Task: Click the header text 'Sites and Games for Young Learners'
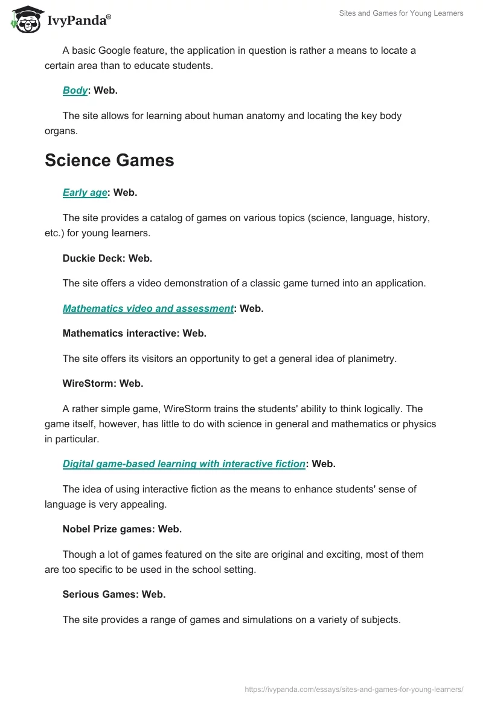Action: tap(400, 13)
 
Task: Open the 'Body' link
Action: tap(75, 90)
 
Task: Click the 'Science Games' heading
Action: tap(109, 160)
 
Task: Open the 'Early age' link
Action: tap(85, 192)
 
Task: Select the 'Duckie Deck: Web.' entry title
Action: tap(107, 258)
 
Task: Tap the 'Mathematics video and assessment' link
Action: tap(148, 308)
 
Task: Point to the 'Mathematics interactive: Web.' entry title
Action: tap(134, 333)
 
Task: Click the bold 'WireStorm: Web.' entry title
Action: tap(103, 383)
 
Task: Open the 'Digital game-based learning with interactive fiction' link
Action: tap(184, 464)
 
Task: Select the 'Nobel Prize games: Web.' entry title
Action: tap(122, 529)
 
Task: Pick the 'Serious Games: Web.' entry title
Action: tap(114, 594)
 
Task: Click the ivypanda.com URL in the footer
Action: tap(354, 689)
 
